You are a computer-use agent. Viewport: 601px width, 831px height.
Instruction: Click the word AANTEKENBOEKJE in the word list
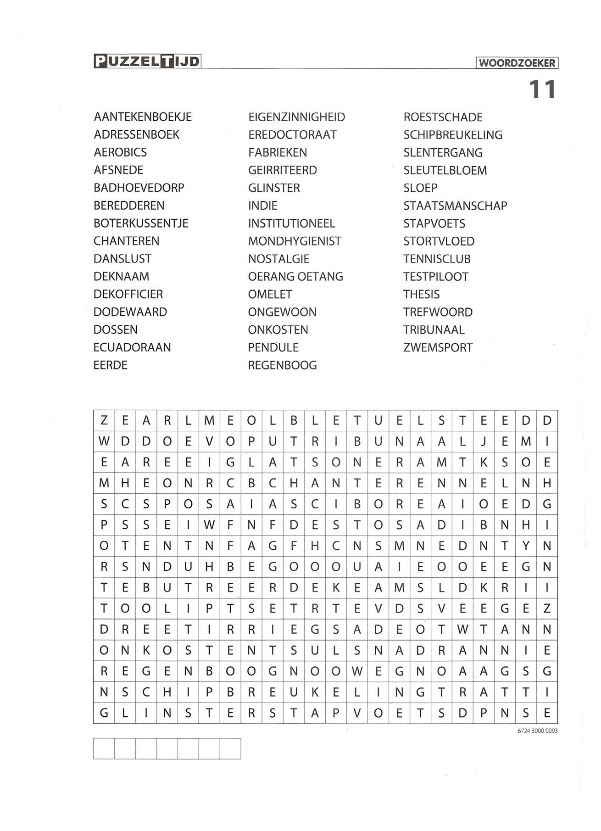coord(143,117)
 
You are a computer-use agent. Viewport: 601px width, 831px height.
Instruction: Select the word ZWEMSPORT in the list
coord(438,348)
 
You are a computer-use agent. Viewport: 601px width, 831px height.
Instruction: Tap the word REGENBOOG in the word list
coord(282,365)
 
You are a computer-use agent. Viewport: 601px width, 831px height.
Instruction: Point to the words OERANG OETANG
coord(295,277)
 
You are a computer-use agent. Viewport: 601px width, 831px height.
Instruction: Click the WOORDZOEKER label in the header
coord(517,63)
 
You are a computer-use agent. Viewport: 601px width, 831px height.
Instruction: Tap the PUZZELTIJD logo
coord(147,61)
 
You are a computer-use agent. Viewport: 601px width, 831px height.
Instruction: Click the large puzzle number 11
coord(542,89)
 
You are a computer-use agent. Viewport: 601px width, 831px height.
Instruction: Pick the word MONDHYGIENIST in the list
coord(295,241)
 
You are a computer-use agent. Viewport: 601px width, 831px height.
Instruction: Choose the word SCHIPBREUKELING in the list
coord(453,135)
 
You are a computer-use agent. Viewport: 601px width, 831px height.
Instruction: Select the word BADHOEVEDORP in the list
coord(139,188)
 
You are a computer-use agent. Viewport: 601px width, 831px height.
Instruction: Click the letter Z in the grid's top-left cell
coord(104,421)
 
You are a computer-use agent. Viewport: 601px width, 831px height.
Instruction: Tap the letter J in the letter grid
coord(484,442)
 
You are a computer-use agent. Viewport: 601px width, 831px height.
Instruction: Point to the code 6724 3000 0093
coord(537,731)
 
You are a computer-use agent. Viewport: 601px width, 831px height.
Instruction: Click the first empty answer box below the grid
coord(104,748)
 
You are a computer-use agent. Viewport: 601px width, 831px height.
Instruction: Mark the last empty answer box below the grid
coord(230,748)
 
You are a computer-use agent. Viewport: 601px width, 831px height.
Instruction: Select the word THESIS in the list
coord(421,294)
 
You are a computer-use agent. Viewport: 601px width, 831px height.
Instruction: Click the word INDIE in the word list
coord(262,206)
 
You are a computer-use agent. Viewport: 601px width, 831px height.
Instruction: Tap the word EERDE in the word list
coord(111,365)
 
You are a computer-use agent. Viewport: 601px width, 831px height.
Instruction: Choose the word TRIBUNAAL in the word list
coord(434,330)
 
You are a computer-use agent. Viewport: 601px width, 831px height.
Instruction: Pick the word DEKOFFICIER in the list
coord(128,294)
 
